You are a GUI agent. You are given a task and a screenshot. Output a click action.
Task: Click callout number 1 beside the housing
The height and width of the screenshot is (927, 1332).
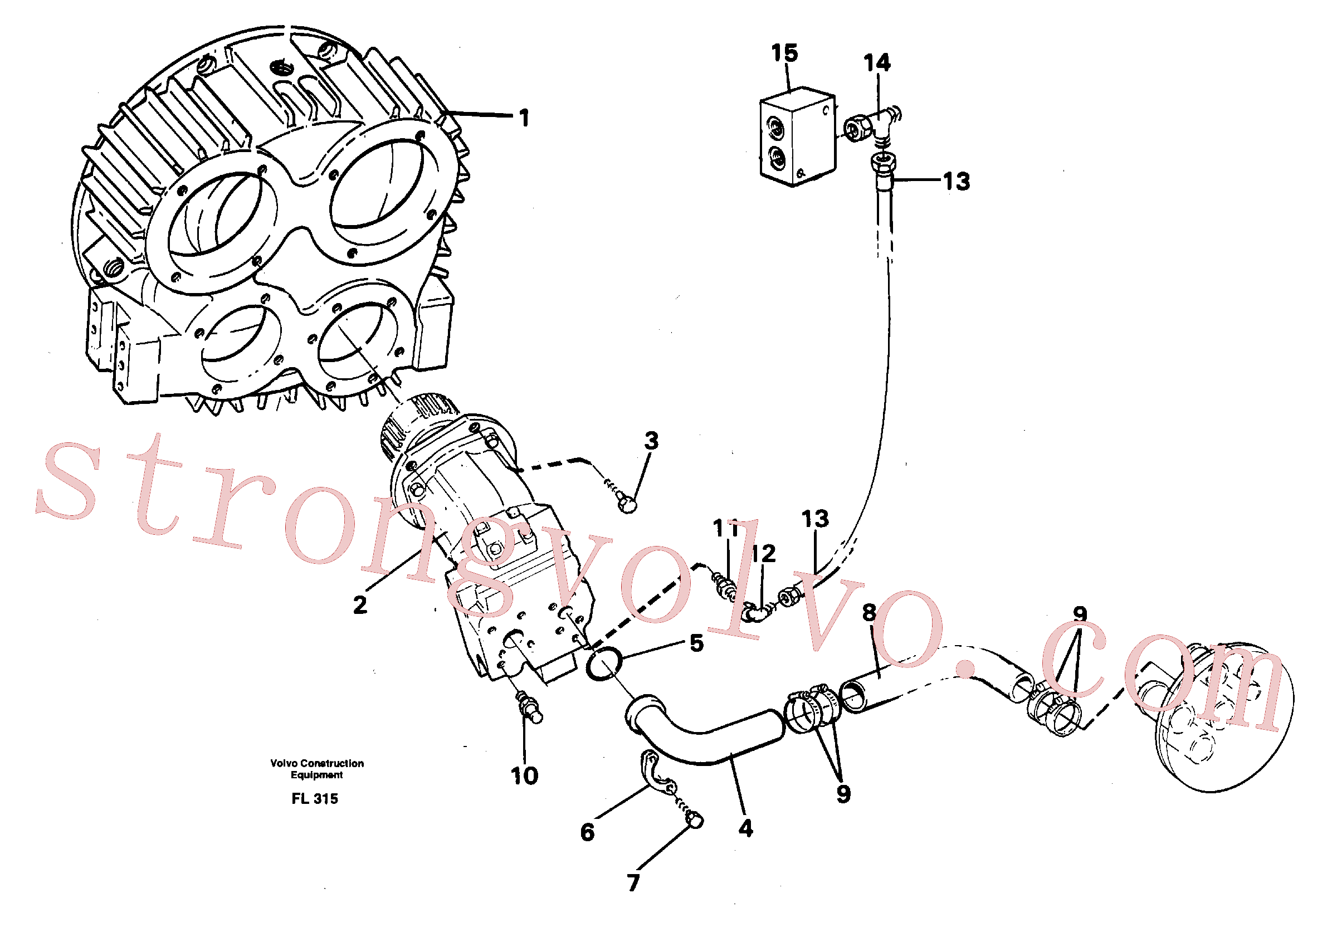point(524,118)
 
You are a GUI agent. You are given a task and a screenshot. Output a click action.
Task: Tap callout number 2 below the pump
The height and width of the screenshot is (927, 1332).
point(360,605)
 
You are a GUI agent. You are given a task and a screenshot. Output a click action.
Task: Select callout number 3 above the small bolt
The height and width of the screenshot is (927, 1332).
point(651,441)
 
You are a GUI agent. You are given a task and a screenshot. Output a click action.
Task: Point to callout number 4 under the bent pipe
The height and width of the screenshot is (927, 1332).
point(745,828)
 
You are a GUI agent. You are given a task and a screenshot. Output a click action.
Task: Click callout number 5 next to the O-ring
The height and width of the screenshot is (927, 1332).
point(697,643)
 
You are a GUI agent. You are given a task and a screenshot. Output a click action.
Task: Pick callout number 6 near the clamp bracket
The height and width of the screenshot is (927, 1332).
point(588,832)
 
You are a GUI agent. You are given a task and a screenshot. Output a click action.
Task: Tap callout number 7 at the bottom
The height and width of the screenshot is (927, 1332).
point(633,883)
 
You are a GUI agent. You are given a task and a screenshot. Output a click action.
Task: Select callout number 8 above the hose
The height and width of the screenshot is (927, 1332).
point(869,612)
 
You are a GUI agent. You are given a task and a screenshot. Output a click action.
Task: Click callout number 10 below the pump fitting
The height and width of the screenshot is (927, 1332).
point(524,776)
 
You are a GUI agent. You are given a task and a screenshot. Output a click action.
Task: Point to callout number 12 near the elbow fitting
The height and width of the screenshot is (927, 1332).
point(763,553)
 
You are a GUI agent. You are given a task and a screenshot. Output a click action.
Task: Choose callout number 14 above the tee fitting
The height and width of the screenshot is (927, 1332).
point(877,62)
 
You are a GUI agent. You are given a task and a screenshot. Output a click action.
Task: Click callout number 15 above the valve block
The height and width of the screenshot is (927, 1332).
point(784,53)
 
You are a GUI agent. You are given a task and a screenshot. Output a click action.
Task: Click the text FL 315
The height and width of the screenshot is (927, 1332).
point(314,799)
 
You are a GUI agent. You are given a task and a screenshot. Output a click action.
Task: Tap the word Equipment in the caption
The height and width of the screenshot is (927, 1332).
point(317,775)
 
